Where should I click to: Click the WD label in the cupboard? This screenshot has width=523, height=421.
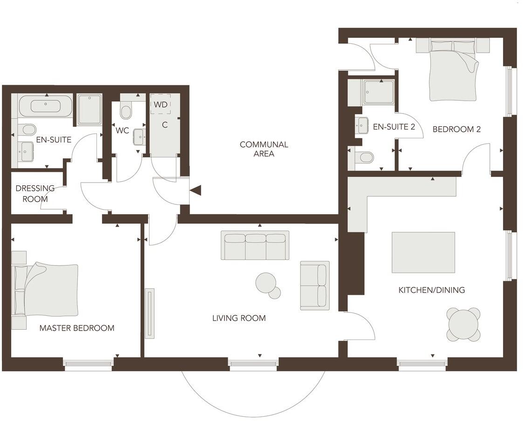pos(161,104)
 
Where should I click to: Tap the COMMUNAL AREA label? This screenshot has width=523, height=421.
pos(264,149)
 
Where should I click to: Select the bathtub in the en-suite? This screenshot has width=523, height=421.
pos(45,106)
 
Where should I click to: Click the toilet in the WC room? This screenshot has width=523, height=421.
pos(126,111)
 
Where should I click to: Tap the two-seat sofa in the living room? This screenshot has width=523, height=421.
pos(314,285)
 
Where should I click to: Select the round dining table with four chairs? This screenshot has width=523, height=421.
pos(463,324)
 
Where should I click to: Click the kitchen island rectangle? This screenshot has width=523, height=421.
pos(423,252)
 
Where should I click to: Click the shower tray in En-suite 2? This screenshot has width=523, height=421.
pos(379,92)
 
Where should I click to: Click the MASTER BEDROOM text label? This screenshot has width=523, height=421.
pos(77,328)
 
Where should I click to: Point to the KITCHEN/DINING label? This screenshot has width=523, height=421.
pos(431,290)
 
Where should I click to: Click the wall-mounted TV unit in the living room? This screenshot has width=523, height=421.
pos(149,313)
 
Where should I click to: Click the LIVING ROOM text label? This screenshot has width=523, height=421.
pos(239,318)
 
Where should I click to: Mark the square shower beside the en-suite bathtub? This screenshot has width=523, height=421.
pos(89,109)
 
